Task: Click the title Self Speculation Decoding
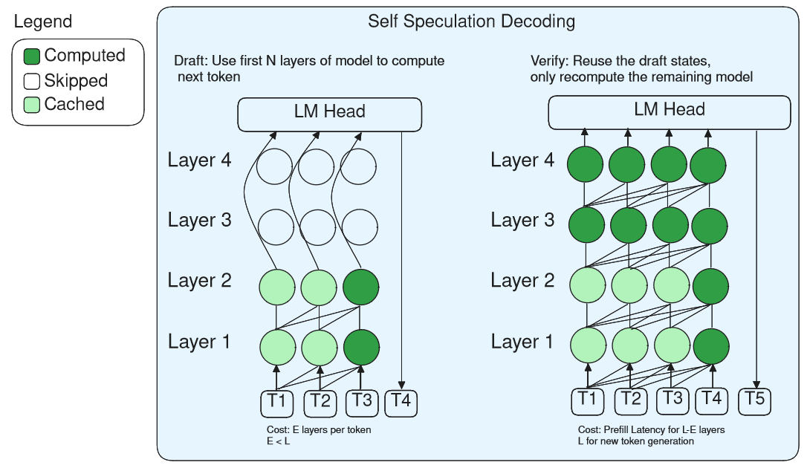[471, 22]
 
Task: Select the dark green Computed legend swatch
[32, 56]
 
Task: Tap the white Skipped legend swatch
[32, 81]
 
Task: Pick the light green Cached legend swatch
[32, 105]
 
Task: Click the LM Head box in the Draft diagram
[329, 114]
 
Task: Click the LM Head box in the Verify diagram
[669, 111]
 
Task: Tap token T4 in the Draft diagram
[401, 402]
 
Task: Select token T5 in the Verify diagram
[755, 400]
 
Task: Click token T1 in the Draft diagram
[276, 402]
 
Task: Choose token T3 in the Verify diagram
[672, 400]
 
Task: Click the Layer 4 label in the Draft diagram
[199, 160]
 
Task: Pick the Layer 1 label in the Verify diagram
[522, 342]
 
